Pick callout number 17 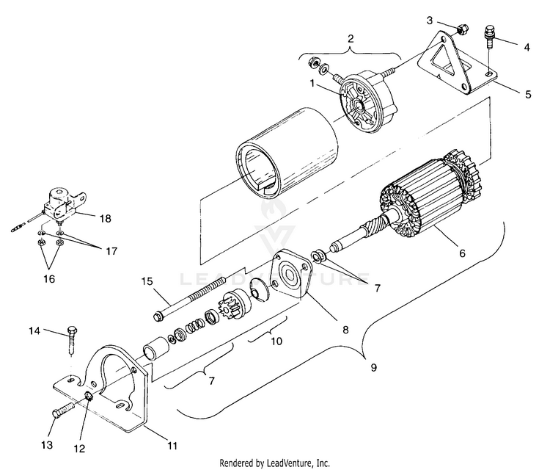pos(111,250)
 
